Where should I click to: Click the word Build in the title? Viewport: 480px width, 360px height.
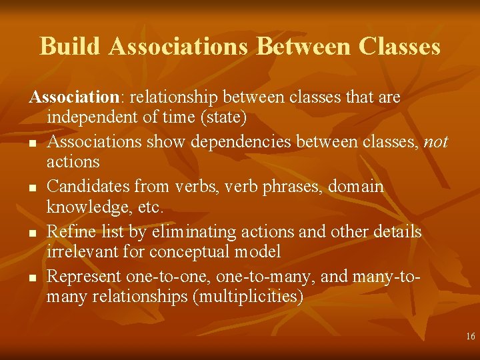[x=71, y=47]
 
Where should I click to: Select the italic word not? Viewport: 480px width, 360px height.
[x=436, y=142]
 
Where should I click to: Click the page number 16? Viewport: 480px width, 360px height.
[x=471, y=337]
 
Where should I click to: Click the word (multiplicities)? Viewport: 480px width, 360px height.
[x=247, y=297]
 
